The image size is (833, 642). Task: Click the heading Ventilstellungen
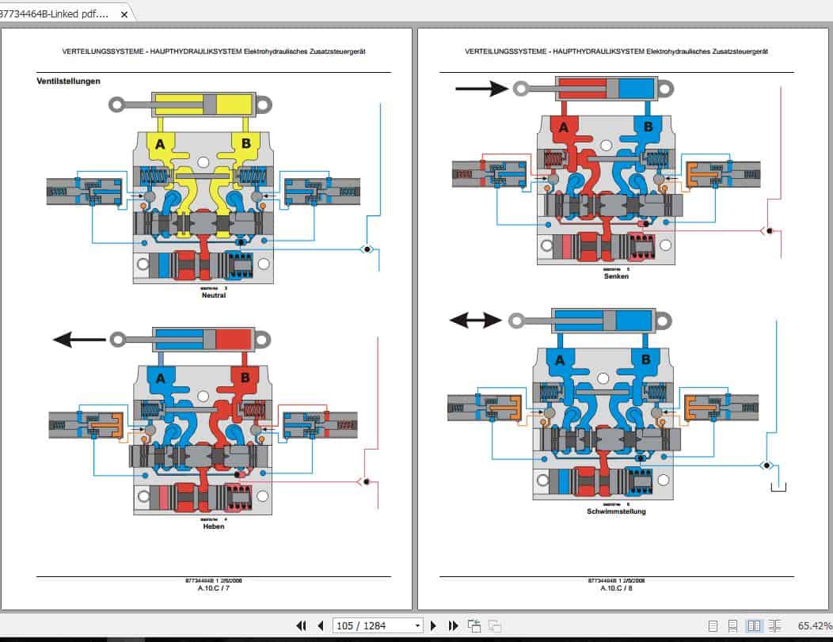68,81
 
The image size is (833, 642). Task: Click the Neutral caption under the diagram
214,295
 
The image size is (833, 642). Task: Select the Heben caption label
214,526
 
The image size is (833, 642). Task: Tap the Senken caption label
616,276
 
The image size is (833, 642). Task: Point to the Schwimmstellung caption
616,511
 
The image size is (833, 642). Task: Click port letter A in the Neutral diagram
160,143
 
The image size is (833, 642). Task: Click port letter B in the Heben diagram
245,377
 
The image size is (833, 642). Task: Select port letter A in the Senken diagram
564,127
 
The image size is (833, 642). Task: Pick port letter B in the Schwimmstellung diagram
646,360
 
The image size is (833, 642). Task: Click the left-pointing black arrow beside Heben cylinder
79,340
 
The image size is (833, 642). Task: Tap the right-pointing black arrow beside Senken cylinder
481,88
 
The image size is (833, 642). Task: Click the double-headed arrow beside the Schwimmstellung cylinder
475,320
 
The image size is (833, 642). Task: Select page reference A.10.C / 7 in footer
214,588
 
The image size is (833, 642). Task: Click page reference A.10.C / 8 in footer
616,588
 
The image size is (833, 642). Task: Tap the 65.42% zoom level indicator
814,625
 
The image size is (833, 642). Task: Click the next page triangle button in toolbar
433,625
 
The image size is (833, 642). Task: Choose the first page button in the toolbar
301,625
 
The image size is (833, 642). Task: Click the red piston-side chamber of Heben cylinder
234,339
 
